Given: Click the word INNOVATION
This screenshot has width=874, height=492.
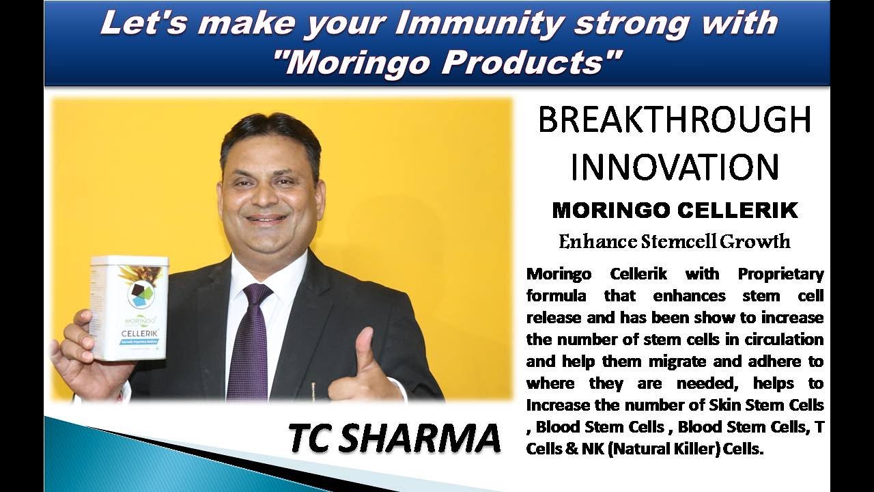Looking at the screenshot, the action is tap(675, 167).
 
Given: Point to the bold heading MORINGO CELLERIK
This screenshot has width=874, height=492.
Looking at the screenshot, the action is tap(675, 210).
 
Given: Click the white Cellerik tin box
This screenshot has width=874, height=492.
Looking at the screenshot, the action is tap(129, 308).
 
